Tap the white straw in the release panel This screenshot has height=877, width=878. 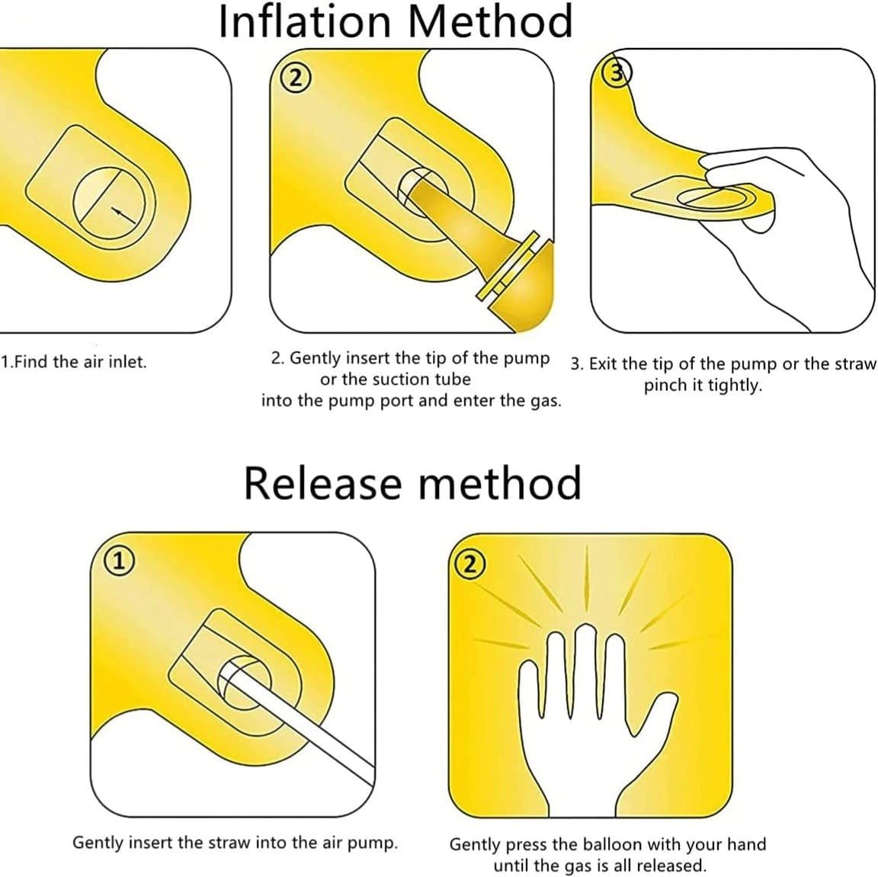[296, 722]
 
